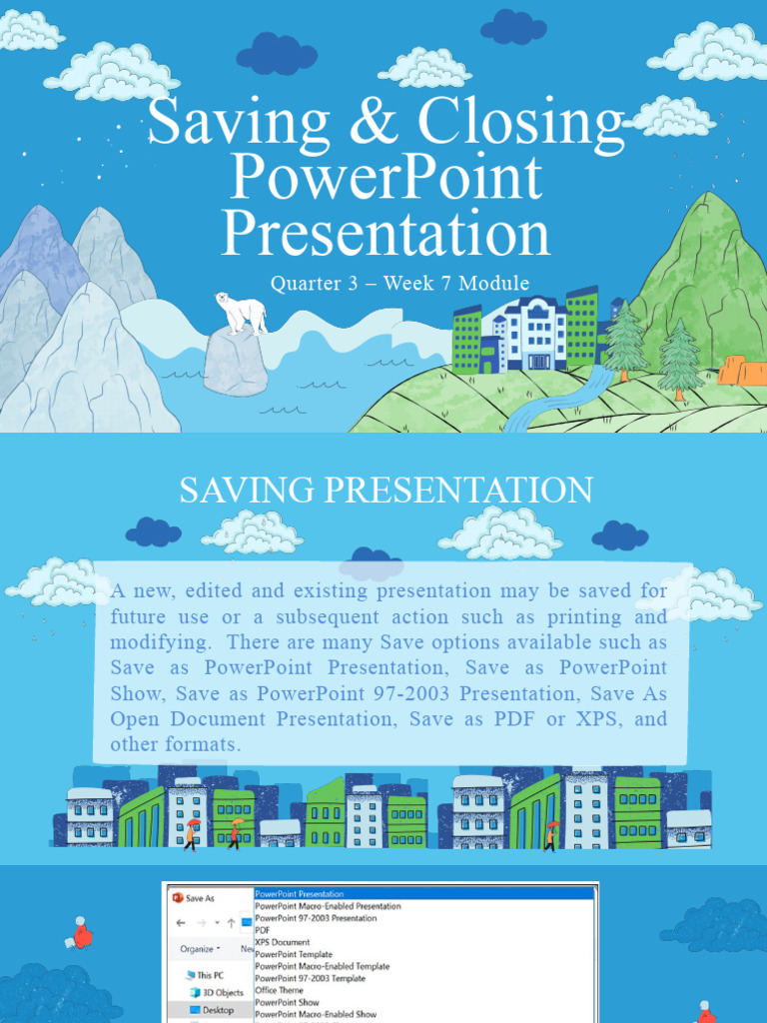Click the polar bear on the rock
tap(242, 313)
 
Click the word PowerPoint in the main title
tap(385, 179)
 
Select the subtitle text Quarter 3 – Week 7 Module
tap(399, 284)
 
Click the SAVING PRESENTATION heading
tap(385, 491)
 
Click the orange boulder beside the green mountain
tap(742, 371)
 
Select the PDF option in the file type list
tap(262, 930)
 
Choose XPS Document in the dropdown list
tap(283, 942)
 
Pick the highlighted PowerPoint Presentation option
tap(300, 894)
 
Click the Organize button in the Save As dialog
tap(197, 948)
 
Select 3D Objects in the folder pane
tap(222, 993)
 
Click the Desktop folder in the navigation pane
tap(217, 1010)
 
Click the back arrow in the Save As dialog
tap(181, 923)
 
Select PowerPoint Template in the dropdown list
tap(294, 954)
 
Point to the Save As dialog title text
tap(200, 898)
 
